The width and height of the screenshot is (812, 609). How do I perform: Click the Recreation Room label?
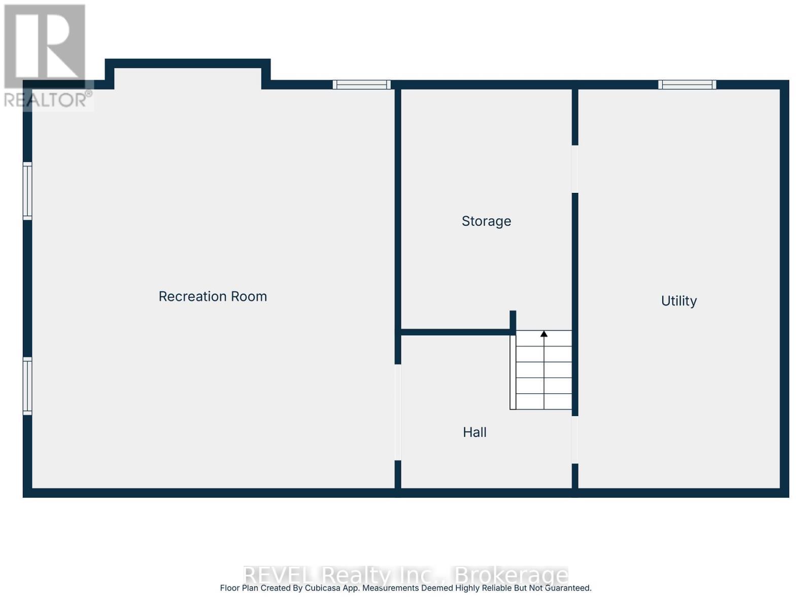point(213,296)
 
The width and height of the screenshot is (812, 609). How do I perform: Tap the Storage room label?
point(486,221)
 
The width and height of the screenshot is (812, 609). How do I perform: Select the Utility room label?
point(679,301)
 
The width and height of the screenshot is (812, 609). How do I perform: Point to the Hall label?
point(475,432)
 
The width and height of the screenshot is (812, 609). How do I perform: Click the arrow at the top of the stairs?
point(544,334)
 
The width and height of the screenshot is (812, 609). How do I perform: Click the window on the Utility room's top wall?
point(687,85)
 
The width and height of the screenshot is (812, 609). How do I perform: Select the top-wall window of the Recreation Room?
point(361,85)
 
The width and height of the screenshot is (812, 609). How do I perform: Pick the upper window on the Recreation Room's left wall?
point(27,191)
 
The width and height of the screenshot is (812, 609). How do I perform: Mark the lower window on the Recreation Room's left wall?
point(27,386)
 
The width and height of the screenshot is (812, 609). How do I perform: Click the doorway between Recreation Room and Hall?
point(398,412)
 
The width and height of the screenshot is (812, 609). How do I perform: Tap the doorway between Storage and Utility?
point(575,169)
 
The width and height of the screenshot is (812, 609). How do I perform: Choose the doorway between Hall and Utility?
point(575,439)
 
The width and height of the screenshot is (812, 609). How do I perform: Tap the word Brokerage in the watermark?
point(511,576)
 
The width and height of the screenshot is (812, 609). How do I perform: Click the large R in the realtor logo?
point(45,46)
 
